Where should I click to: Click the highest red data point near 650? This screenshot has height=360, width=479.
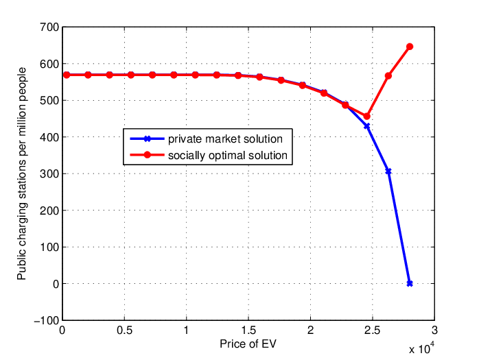pos(410,47)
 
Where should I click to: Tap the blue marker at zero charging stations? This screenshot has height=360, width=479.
pos(410,283)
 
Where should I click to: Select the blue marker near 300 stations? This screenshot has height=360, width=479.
pos(388,171)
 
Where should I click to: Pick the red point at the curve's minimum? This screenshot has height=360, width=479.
pos(367,117)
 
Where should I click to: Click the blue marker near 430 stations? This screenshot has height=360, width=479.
pos(367,125)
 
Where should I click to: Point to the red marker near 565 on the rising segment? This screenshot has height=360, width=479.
pos(388,75)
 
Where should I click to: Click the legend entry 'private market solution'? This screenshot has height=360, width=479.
pos(225,139)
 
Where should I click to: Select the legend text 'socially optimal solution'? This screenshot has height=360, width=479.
pos(228,155)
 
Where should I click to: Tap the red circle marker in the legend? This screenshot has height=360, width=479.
pos(147,155)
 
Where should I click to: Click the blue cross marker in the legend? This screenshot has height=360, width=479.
pos(147,139)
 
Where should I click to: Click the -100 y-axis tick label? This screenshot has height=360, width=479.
pos(47,320)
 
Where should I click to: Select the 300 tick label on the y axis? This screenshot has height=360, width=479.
pos(49,173)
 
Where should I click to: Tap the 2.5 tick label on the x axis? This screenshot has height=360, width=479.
pos(373,330)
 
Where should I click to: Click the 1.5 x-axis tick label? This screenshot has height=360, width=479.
pos(248,330)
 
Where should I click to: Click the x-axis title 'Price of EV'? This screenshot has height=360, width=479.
pos(248,344)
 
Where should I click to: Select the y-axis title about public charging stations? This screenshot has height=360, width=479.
pos(22,173)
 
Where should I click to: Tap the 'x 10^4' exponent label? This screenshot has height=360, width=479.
pos(421,348)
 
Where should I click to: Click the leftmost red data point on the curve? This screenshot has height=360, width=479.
pos(67,75)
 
